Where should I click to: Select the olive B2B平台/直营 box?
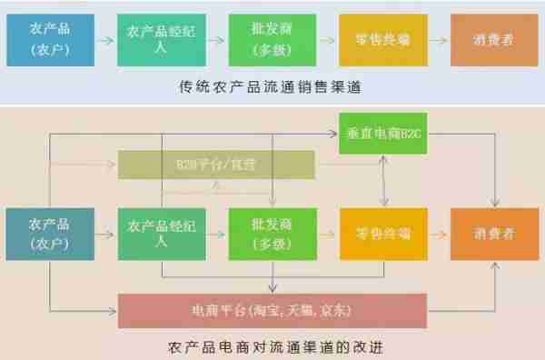click(x=216, y=165)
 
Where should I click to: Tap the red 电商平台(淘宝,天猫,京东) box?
click(x=272, y=311)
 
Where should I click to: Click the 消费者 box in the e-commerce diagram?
click(x=491, y=235)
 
